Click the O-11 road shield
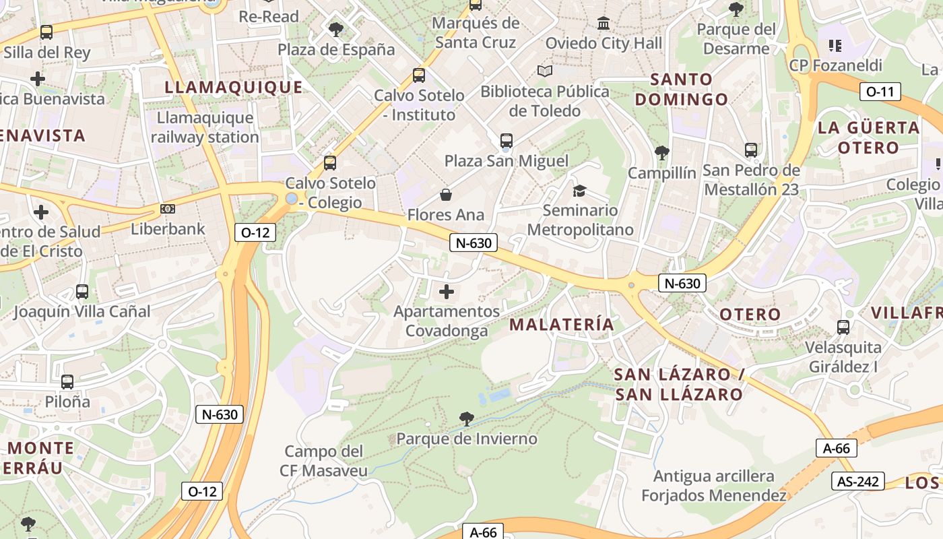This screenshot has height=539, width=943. (880, 92)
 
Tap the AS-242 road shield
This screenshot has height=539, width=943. (858, 481)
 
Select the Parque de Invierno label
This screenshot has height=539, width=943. (467, 439)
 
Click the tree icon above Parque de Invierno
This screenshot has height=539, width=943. (466, 419)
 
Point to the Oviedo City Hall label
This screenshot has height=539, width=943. (604, 43)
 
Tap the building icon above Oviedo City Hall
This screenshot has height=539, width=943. (604, 24)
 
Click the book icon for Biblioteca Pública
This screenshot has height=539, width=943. (545, 71)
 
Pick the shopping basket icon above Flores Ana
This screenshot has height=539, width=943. (446, 195)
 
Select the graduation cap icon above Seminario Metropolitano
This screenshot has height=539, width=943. (579, 191)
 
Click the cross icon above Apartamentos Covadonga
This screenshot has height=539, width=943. (447, 292)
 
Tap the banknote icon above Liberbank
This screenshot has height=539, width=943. (168, 210)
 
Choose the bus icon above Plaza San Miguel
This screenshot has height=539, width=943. (507, 141)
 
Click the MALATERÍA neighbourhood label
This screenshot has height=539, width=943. (561, 325)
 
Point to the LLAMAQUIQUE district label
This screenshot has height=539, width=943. (234, 87)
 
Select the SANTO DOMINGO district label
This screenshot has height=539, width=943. (682, 89)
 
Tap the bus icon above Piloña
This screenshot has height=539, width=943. (67, 382)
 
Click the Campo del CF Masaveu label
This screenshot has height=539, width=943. (324, 461)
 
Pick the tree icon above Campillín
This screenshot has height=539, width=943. (662, 153)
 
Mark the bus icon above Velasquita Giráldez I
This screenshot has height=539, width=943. (843, 327)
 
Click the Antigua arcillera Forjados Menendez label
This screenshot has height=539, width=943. (714, 486)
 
